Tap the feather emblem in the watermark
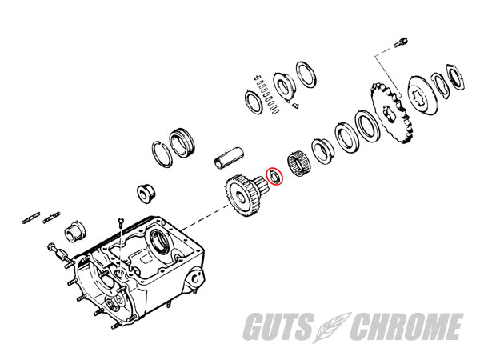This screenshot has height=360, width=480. click(x=332, y=326)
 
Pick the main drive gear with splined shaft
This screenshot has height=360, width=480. click(x=245, y=194)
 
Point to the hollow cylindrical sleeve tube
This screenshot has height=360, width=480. click(x=228, y=158)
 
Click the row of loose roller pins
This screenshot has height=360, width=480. click(x=266, y=94)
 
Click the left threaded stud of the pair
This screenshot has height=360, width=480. click(x=31, y=217)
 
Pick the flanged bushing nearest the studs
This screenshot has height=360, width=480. click(x=75, y=231)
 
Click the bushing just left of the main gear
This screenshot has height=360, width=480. click(x=146, y=194)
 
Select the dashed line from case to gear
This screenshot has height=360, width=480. click(x=205, y=218)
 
